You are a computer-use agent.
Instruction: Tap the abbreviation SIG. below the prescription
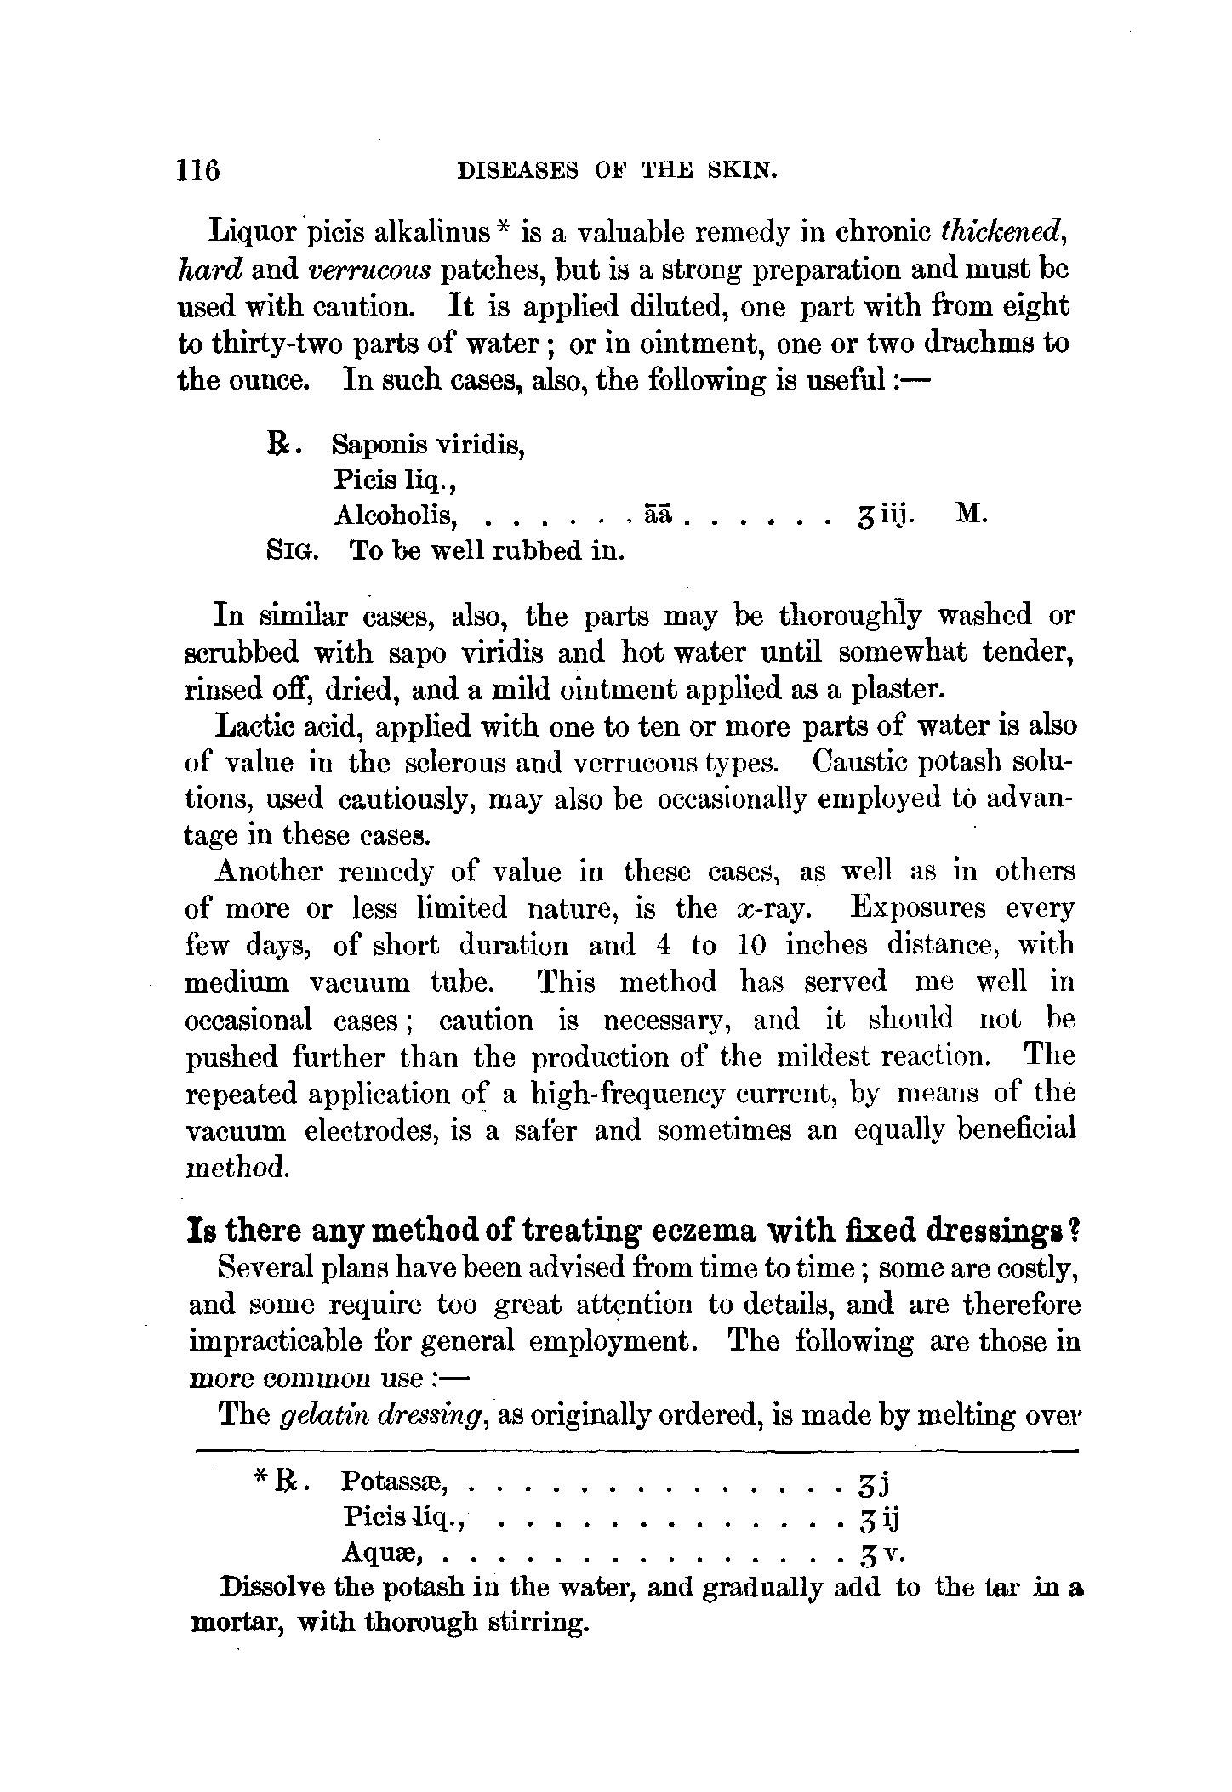pyautogui.click(x=291, y=551)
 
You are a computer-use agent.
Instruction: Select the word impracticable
pyautogui.click(x=277, y=1341)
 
